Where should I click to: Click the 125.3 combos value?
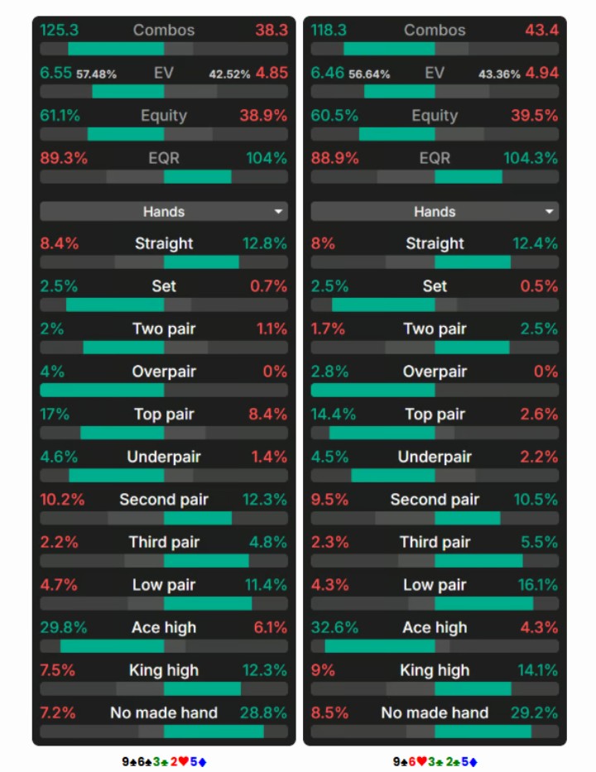click(x=59, y=30)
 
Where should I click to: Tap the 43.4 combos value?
click(x=541, y=30)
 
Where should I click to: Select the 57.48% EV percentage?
click(x=97, y=74)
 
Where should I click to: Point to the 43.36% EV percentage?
click(x=499, y=74)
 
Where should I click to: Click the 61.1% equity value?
click(x=60, y=115)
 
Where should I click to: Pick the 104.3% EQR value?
click(x=531, y=158)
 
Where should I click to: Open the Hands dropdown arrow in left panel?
click(x=278, y=212)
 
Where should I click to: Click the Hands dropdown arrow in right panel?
click(x=549, y=212)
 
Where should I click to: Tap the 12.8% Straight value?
click(x=265, y=243)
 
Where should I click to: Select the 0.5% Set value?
click(x=540, y=286)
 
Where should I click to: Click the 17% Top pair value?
click(x=55, y=414)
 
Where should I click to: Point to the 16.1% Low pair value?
click(x=538, y=585)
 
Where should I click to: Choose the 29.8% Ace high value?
click(x=64, y=628)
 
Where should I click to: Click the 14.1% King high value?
click(x=538, y=670)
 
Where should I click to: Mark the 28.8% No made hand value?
click(x=263, y=713)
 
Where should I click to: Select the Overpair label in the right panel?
click(x=435, y=372)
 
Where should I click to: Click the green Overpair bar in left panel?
click(x=102, y=391)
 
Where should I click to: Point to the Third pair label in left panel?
click(x=164, y=542)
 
